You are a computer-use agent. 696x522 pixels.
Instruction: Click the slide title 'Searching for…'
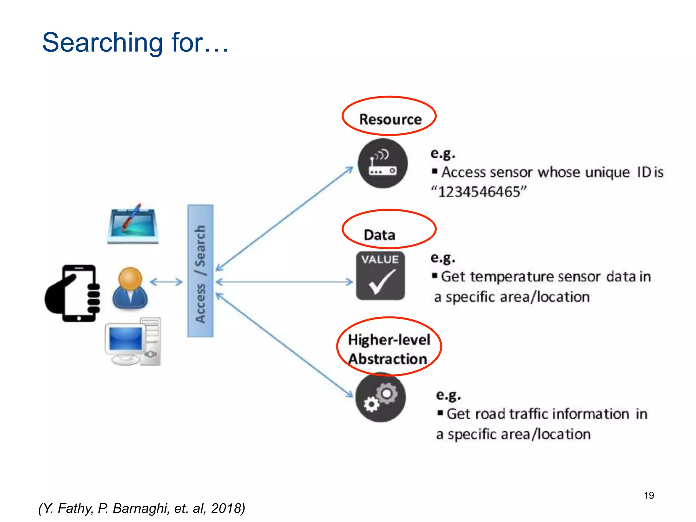click(x=135, y=42)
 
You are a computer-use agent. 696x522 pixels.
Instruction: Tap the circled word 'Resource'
click(x=390, y=119)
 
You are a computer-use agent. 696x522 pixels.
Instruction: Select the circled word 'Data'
click(x=380, y=235)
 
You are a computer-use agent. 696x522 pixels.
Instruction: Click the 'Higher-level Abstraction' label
click(x=388, y=349)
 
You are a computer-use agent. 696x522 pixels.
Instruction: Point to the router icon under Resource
click(x=383, y=163)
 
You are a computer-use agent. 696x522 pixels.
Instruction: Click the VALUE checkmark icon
click(x=380, y=276)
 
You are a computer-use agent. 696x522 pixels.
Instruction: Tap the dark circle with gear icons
click(x=381, y=398)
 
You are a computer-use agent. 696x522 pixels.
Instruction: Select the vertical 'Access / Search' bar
click(x=200, y=271)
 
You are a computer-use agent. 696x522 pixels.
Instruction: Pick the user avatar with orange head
click(x=130, y=288)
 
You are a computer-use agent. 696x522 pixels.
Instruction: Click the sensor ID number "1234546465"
click(x=479, y=192)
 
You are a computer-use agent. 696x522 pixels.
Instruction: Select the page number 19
click(x=649, y=495)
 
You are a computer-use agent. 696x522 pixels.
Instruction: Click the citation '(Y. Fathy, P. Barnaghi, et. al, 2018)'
click(x=142, y=508)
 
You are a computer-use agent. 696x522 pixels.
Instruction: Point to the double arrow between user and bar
click(x=166, y=282)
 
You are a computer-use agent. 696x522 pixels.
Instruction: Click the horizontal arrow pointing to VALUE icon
click(x=284, y=282)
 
